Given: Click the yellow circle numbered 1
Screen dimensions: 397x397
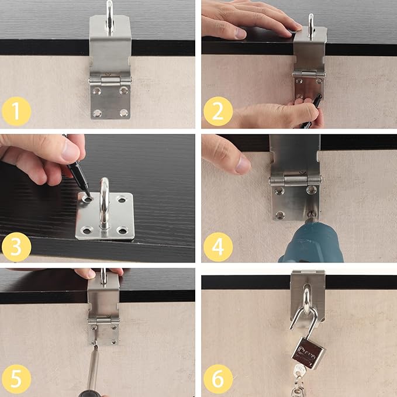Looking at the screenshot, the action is pyautogui.click(x=16, y=111).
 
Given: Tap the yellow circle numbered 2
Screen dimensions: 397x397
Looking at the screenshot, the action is pyautogui.click(x=218, y=111).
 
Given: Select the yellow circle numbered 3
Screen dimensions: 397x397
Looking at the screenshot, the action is pyautogui.click(x=16, y=247).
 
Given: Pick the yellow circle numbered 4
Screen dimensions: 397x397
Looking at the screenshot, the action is pyautogui.click(x=218, y=247).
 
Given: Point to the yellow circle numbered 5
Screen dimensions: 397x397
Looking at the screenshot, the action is pyautogui.click(x=16, y=379).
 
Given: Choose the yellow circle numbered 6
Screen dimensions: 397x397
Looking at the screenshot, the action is pyautogui.click(x=218, y=379).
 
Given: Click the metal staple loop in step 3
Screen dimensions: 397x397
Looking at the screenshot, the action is pyautogui.click(x=104, y=202).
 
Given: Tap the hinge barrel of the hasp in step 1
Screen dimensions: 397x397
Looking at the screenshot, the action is pyautogui.click(x=110, y=81).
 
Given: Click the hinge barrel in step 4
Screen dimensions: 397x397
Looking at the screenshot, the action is pyautogui.click(x=295, y=180).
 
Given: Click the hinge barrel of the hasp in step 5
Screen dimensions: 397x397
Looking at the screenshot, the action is pyautogui.click(x=104, y=321).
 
